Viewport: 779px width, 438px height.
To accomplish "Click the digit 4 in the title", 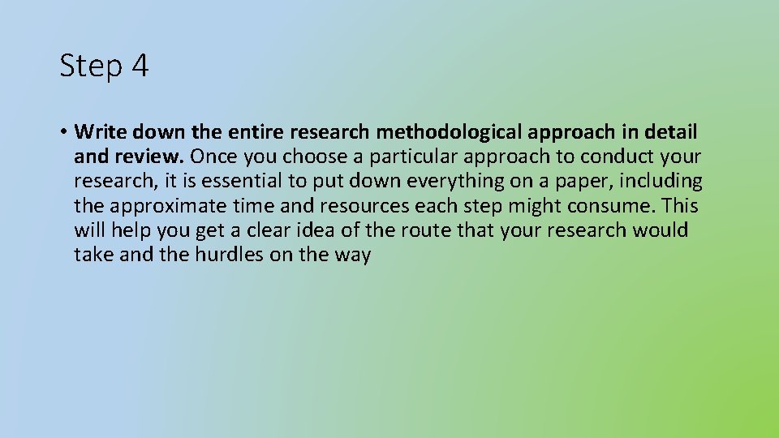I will pyautogui.click(x=138, y=67).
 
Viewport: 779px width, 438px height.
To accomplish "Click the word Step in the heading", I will pyautogui.click(x=89, y=67).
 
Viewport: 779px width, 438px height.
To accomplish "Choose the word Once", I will pyautogui.click(x=213, y=156).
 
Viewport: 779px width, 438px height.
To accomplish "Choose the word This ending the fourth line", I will pyautogui.click(x=680, y=205).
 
